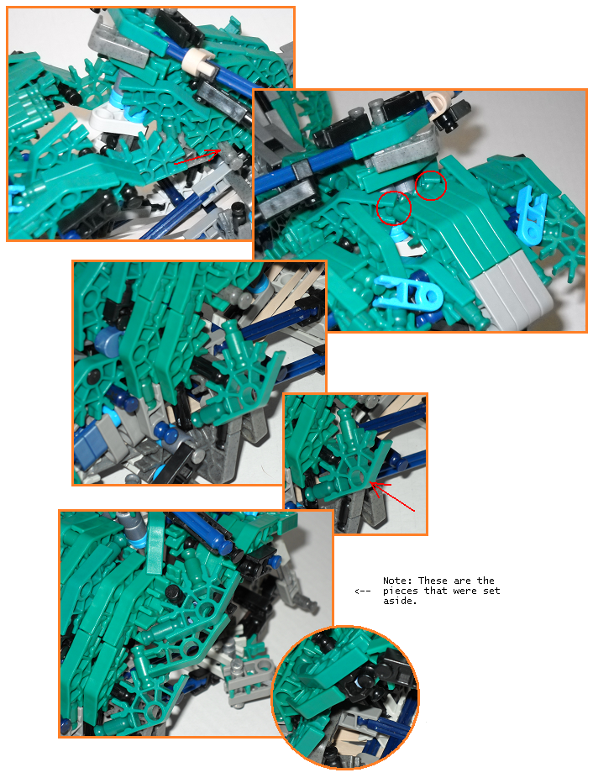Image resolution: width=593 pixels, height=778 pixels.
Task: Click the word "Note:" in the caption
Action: click(398, 581)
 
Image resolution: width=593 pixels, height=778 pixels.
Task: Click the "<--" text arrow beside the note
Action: click(363, 591)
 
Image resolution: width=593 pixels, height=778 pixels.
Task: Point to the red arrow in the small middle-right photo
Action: click(392, 496)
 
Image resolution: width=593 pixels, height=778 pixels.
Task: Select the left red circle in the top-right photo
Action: click(394, 208)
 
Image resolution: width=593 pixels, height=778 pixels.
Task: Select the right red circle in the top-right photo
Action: click(431, 186)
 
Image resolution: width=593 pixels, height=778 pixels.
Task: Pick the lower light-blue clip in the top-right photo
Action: click(408, 293)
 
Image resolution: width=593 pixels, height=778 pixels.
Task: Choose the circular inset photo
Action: click(345, 697)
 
